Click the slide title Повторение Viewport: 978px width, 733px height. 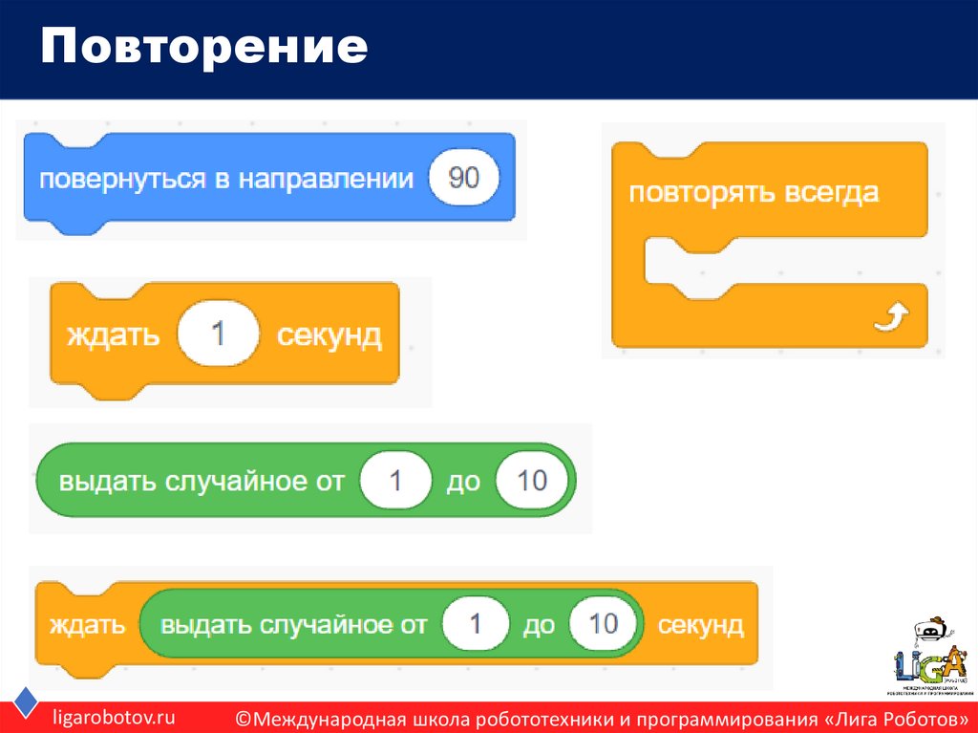tap(203, 48)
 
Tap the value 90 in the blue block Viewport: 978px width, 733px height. tap(464, 179)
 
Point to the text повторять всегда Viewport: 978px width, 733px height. tap(753, 192)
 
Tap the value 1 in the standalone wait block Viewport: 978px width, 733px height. tap(218, 335)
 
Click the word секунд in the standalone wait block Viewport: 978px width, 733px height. tap(329, 335)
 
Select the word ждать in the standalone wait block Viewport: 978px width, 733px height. tap(113, 335)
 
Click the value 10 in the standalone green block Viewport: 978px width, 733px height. tap(531, 480)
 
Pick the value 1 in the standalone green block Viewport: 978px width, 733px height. tap(395, 480)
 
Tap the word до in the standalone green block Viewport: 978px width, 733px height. tap(463, 481)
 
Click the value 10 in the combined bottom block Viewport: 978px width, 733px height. tap(604, 625)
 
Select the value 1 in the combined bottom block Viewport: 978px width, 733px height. tap(476, 625)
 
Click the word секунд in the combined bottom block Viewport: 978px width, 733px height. tap(700, 625)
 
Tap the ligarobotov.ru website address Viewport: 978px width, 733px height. tap(114, 718)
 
